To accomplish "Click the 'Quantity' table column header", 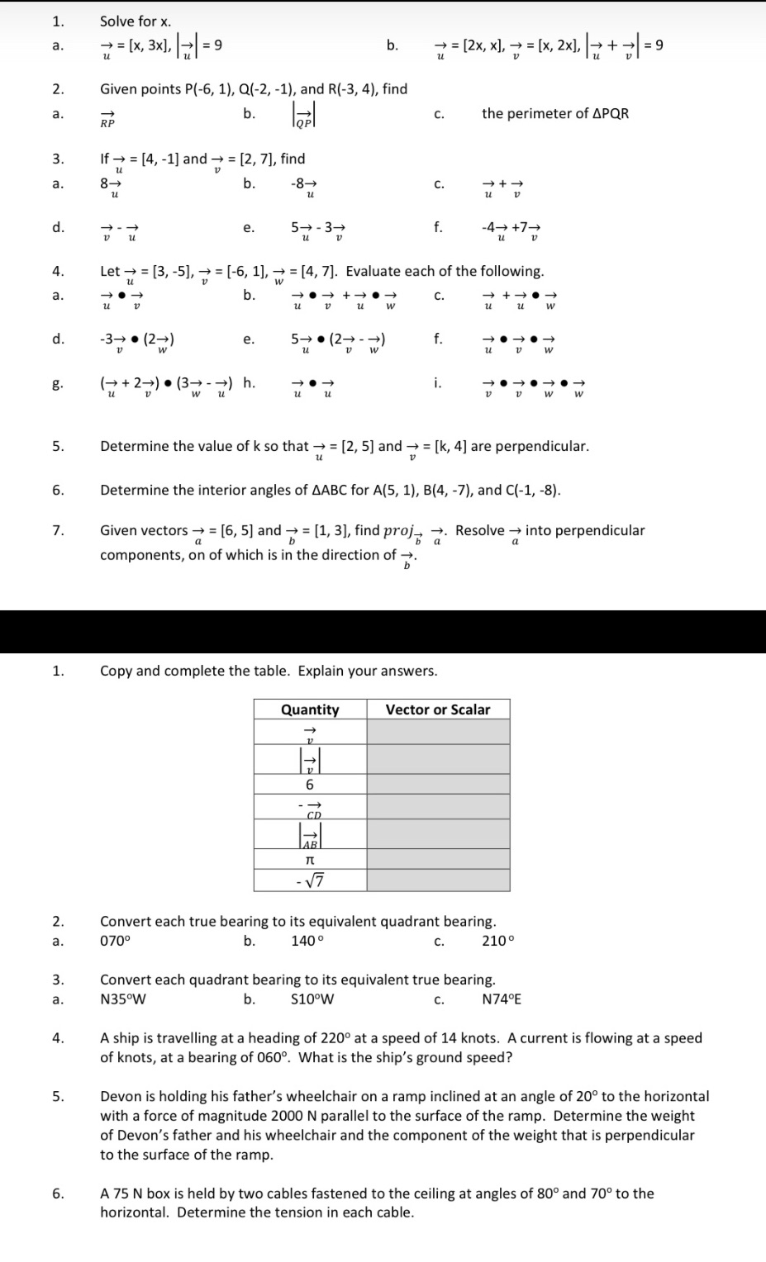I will point(310,709).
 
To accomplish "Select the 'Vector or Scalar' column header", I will point(437,709).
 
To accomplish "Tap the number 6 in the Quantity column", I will point(310,785).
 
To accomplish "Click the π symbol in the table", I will point(310,860).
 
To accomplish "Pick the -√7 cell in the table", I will point(310,881).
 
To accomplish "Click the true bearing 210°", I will point(497,941).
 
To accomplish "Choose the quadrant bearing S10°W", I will point(312,999).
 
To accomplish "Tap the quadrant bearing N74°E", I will point(502,999).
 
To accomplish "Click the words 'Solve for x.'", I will point(136,21).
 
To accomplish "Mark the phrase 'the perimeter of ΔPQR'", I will point(555,113).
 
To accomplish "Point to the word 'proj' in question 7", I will point(395,530).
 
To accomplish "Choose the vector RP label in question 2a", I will point(107,118).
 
